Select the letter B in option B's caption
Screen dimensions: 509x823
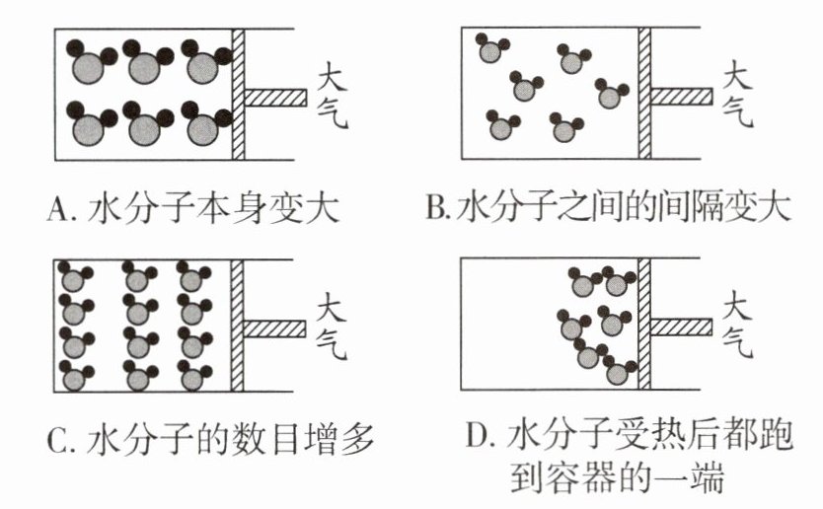point(434,209)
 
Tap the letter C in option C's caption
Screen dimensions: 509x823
point(58,437)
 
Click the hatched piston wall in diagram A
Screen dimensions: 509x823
point(238,94)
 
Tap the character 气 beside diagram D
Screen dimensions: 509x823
point(735,341)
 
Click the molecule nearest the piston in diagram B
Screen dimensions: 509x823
point(612,96)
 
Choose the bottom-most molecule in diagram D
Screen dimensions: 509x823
point(619,374)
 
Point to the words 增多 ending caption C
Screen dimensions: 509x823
point(346,437)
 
